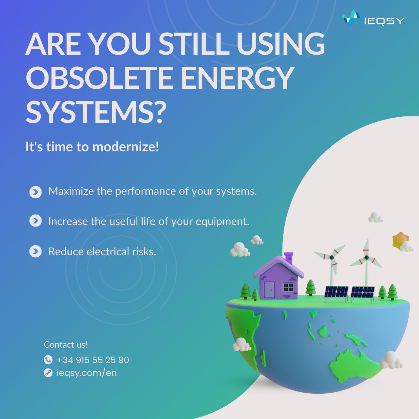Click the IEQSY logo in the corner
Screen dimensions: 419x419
[373, 19]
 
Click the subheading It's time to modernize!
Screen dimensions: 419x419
[92, 147]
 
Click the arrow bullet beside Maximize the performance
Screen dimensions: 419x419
[35, 192]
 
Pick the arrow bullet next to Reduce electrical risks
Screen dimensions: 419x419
[35, 252]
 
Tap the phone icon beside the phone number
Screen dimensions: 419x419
[48, 360]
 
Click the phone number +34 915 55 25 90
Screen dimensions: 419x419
[93, 360]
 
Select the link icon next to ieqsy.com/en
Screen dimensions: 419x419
[48, 373]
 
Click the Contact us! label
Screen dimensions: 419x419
[66, 345]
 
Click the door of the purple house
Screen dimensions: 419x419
[269, 289]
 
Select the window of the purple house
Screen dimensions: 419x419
[289, 287]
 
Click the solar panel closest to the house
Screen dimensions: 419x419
[336, 292]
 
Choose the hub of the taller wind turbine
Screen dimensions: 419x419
[365, 258]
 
